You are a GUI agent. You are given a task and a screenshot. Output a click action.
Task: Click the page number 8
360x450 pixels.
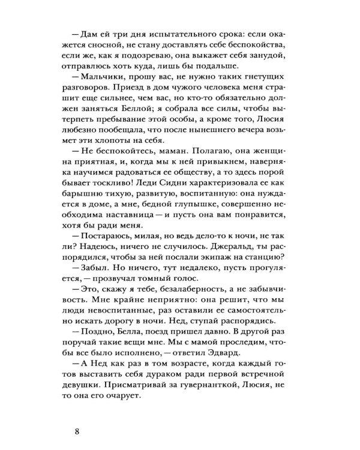(75, 431)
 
